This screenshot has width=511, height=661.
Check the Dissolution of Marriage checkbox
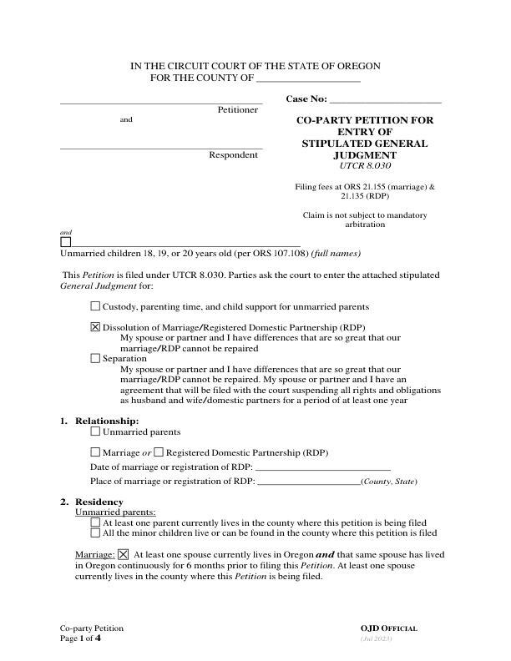pyautogui.click(x=95, y=327)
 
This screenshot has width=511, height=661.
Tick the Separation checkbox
pyautogui.click(x=95, y=358)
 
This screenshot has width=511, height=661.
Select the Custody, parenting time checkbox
pyautogui.click(x=95, y=307)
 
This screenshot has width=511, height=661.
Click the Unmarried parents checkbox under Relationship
pyautogui.click(x=95, y=432)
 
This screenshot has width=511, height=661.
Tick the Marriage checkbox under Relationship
pyautogui.click(x=95, y=452)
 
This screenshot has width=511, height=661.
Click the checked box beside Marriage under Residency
pyautogui.click(x=124, y=554)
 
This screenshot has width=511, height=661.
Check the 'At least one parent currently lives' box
pyautogui.click(x=95, y=522)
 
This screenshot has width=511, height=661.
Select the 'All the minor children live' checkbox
pyautogui.click(x=95, y=532)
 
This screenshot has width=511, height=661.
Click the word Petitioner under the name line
pyautogui.click(x=238, y=110)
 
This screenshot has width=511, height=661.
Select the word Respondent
pyautogui.click(x=235, y=155)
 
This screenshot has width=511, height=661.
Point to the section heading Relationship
pyautogui.click(x=107, y=421)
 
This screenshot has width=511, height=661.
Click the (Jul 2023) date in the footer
pyautogui.click(x=376, y=638)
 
